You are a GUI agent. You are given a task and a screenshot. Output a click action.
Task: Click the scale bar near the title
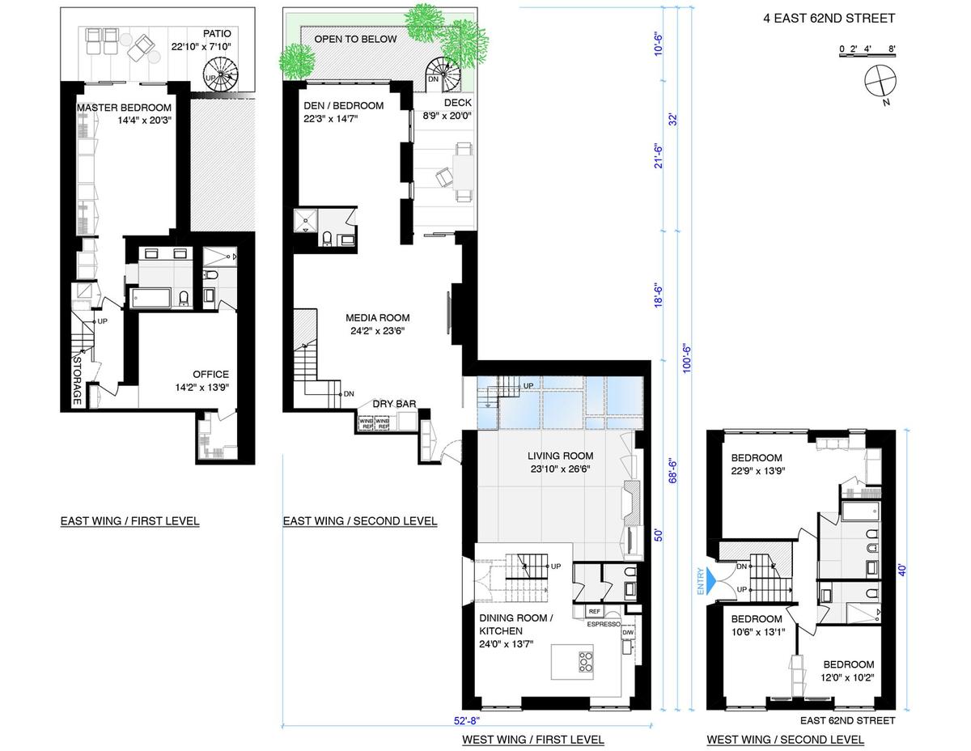click(867, 54)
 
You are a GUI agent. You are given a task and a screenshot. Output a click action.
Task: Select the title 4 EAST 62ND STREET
click(829, 19)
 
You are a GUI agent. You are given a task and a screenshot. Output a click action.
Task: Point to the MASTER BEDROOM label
click(124, 108)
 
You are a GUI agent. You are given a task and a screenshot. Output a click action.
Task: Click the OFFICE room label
click(210, 374)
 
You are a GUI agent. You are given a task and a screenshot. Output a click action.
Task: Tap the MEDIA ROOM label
click(378, 318)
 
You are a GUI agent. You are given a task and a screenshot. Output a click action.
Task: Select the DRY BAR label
click(394, 404)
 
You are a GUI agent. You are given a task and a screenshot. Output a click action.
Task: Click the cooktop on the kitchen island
click(586, 662)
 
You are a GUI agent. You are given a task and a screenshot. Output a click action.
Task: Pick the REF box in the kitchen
click(594, 611)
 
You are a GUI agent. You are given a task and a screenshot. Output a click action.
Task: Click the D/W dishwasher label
click(628, 632)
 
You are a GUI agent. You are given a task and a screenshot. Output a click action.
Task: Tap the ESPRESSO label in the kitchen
click(604, 624)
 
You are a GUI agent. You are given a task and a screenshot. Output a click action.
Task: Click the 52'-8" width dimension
click(467, 720)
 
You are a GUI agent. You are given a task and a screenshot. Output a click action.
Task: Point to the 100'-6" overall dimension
click(687, 359)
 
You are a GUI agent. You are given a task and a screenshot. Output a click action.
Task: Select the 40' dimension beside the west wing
click(902, 570)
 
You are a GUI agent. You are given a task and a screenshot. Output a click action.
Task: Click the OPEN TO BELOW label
click(355, 39)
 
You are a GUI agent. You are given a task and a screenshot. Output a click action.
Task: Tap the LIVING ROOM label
click(560, 456)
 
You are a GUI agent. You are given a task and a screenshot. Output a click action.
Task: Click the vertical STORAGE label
click(78, 380)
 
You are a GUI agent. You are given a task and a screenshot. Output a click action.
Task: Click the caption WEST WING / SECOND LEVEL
click(785, 740)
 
